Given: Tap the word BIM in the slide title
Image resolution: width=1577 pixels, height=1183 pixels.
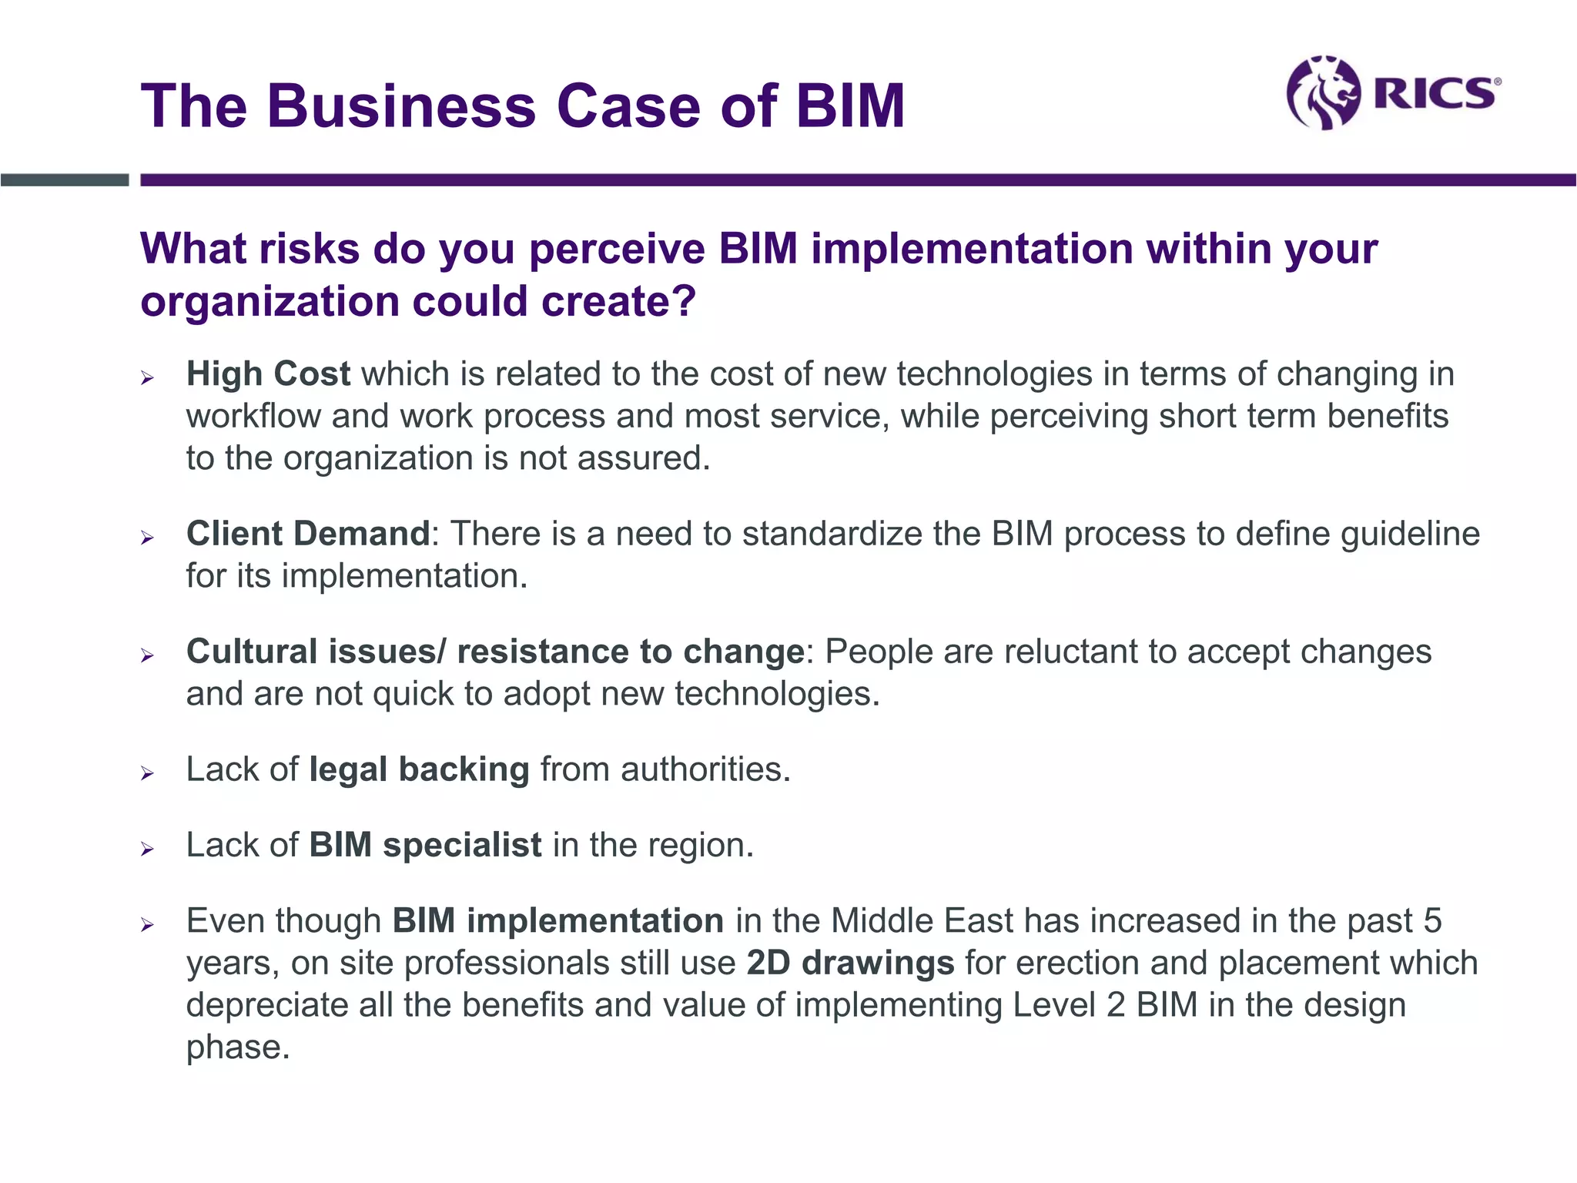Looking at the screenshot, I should [850, 106].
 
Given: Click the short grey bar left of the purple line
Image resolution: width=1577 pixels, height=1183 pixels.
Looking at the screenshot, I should [65, 180].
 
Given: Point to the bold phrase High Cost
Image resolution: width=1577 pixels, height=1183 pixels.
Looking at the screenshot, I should [268, 374].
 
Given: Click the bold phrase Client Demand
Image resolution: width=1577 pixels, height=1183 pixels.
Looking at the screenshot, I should [308, 534].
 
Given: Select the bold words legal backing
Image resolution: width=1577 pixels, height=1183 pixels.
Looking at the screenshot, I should [419, 769].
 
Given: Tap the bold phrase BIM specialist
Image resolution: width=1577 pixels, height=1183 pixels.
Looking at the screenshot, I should [425, 845].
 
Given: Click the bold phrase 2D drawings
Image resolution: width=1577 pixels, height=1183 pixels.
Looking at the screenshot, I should [850, 963].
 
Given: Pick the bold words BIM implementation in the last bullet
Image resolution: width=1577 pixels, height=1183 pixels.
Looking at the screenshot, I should [557, 921].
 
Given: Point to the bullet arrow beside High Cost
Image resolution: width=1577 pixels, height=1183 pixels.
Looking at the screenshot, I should [148, 377].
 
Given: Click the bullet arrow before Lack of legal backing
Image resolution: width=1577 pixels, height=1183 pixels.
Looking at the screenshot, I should [148, 773].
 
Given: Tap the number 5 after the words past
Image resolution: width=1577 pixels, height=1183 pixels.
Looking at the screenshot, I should [1432, 921].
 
